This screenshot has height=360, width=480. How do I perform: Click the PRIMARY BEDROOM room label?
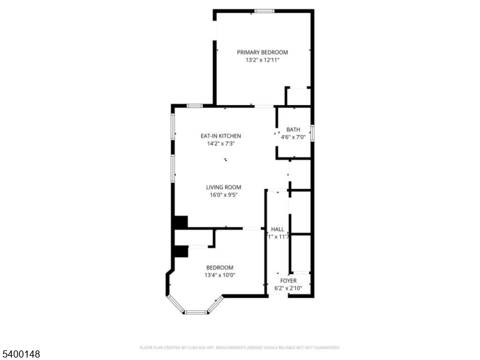coord(262,52)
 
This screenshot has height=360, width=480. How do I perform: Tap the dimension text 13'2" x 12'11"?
coord(262,60)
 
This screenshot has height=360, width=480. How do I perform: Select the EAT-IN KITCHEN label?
coord(221,136)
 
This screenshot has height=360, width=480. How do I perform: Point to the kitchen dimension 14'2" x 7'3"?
coord(221,143)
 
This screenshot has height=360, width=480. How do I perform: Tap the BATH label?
coord(293,130)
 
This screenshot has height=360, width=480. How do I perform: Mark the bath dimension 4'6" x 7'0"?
coord(293,137)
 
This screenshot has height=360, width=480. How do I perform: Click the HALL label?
coord(278,229)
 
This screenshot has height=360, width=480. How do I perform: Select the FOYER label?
coord(289,280)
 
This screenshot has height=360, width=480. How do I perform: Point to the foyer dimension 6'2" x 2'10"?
coord(289,288)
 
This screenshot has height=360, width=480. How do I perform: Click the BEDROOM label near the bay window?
coord(220,268)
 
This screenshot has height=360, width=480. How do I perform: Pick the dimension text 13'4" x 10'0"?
coord(220,275)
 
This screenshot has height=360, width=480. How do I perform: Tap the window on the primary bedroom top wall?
coord(264,11)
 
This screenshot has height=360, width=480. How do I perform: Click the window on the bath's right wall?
coord(312,132)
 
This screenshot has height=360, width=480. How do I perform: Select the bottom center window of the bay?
coord(195,312)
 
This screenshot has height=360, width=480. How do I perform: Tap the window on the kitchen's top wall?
coord(194,106)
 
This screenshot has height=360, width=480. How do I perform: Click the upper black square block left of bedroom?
coord(180,222)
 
